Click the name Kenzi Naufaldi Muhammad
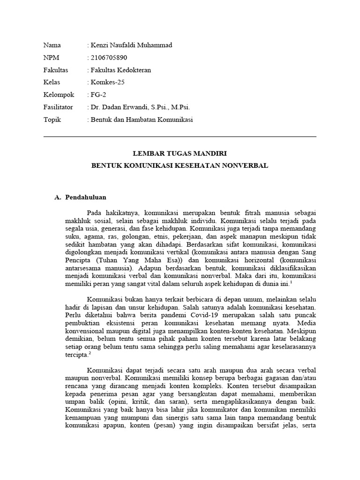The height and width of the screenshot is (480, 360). pos(131,45)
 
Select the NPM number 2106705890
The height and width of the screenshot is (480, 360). pos(108,58)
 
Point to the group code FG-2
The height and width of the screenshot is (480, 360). pos(99,95)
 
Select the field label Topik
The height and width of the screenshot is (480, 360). pos(52,120)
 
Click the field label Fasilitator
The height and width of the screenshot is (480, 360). pos(58,107)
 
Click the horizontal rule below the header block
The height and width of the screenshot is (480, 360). pos(180,137)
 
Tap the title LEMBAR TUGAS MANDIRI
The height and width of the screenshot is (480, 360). pos(180,153)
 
